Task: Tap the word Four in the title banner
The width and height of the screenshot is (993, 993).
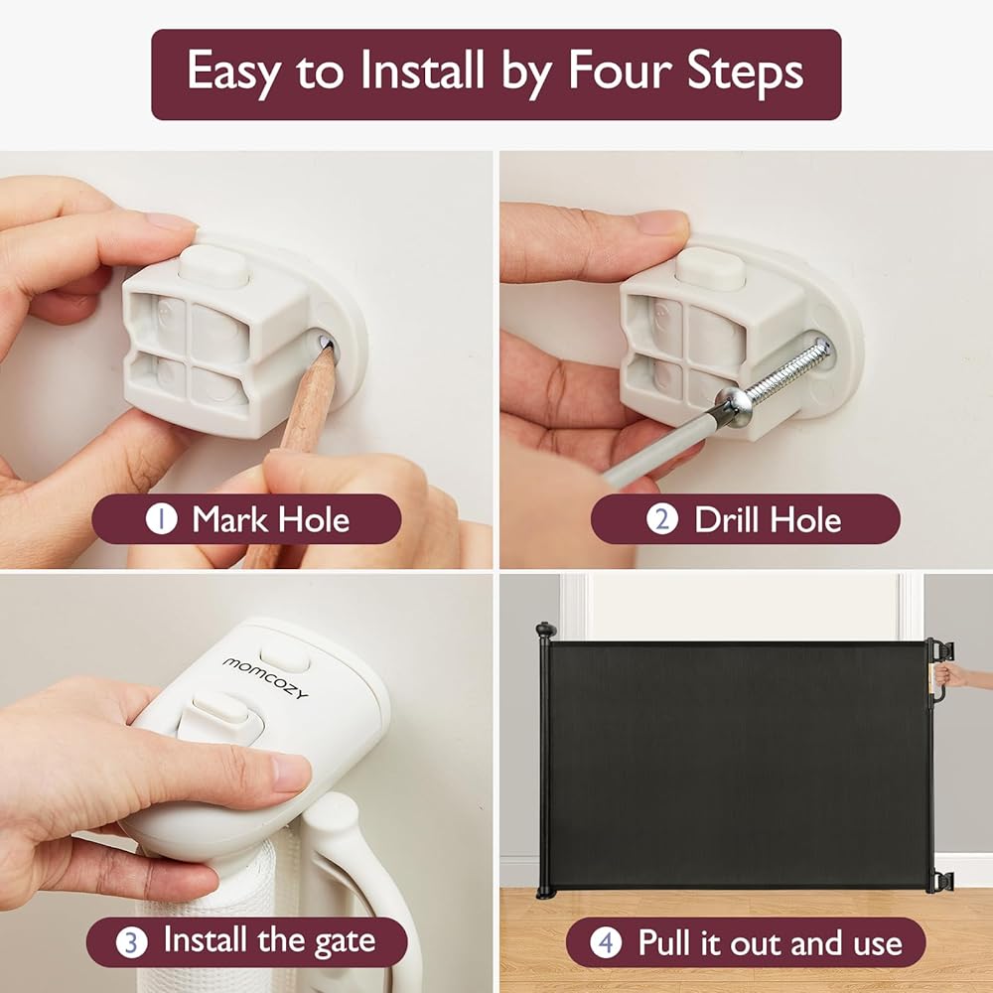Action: pos(621,70)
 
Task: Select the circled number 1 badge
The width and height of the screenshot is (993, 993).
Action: pos(162,519)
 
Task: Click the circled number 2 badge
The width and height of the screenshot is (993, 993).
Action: pos(661,519)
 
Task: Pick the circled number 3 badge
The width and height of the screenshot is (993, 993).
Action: pos(132,942)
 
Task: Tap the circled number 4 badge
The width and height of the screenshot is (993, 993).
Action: pos(606,942)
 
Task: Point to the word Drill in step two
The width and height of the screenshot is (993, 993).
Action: pos(727,519)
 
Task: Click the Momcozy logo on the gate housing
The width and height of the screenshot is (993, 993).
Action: pos(265,677)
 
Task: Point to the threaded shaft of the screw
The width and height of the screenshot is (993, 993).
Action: pos(788,370)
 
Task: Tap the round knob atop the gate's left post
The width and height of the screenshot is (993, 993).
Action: pos(545,630)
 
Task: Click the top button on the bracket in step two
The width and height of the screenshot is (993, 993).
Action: pos(711,266)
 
